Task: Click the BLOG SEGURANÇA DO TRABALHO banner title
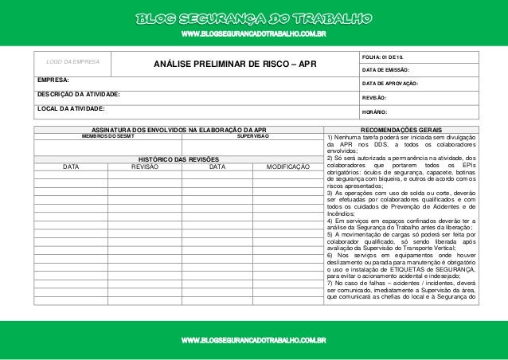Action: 253,18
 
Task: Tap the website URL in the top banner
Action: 253,35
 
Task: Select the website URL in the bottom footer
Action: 253,341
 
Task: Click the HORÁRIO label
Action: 377,112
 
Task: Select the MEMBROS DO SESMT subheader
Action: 107,136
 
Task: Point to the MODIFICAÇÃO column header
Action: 287,168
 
